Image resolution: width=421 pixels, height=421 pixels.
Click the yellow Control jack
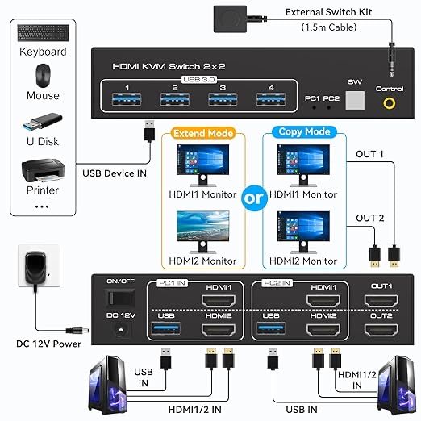pos(391,103)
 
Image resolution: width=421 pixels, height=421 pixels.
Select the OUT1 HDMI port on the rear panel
pos(381,302)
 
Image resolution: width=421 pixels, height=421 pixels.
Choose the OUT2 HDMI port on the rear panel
pos(381,330)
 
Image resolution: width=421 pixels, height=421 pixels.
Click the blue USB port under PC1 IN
pos(166,330)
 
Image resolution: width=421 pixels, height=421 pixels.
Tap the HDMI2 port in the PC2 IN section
pos(323,330)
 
